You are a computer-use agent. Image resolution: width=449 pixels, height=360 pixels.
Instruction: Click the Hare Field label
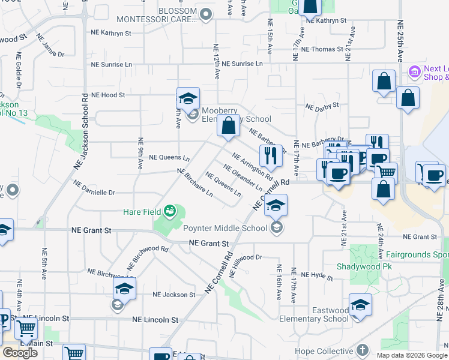tap(142, 211)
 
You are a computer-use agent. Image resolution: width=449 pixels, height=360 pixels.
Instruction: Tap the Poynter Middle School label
tap(225, 228)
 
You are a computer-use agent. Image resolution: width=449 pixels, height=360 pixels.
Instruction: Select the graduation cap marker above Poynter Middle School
tap(276, 206)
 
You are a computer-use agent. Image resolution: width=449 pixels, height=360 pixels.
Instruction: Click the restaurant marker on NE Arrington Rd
tap(271, 157)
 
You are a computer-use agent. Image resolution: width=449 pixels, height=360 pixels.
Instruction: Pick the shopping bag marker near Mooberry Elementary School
tap(228, 127)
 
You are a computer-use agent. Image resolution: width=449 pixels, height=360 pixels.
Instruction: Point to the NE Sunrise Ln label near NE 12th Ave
tap(242, 64)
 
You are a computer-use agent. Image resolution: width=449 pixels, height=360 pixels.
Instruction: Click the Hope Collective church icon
tap(362, 349)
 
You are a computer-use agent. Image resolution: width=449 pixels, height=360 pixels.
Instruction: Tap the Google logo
tap(20, 353)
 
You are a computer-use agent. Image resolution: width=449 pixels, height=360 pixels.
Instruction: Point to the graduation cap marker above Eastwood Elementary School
tap(360, 305)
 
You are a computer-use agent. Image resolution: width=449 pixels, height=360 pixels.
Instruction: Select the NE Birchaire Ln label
tap(194, 182)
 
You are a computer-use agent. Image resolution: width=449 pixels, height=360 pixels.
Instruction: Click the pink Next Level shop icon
tap(414, 73)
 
